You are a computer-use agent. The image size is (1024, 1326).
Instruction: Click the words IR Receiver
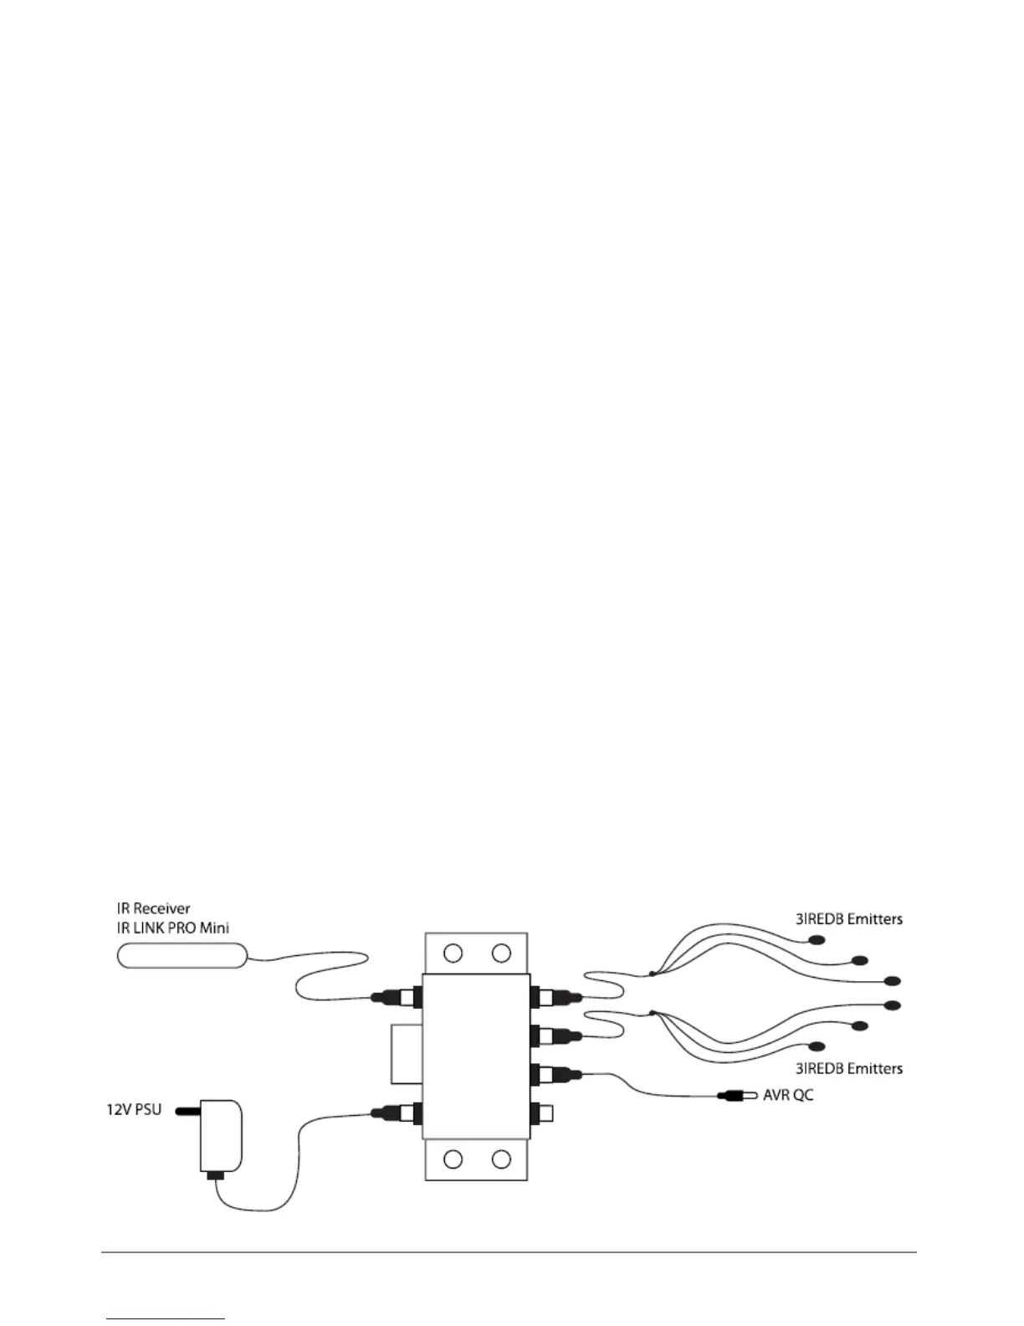(153, 908)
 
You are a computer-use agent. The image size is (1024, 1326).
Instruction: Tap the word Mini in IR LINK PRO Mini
(213, 928)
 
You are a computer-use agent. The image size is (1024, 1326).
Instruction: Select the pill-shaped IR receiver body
(182, 955)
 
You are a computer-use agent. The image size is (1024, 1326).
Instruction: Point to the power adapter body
(221, 1135)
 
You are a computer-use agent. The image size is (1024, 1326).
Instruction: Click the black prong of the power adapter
(187, 1112)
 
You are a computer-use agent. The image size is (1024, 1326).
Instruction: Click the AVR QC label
(788, 1094)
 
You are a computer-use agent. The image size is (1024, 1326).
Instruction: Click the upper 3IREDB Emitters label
(848, 919)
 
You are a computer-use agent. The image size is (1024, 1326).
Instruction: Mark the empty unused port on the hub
(545, 1113)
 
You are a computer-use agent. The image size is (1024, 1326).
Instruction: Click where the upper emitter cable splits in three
(652, 974)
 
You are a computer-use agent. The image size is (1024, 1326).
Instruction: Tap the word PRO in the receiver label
(179, 928)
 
